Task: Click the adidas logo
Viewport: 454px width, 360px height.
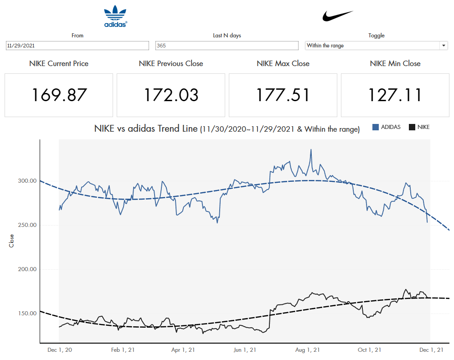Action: tap(115, 16)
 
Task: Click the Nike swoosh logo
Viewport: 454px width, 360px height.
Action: tap(338, 16)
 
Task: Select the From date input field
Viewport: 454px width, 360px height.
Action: tap(77, 46)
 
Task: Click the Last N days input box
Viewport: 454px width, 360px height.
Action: tap(227, 46)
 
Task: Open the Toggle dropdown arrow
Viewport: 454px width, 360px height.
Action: tap(444, 46)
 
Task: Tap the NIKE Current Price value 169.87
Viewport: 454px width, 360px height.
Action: tap(59, 95)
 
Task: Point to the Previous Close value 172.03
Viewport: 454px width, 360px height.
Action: tap(171, 95)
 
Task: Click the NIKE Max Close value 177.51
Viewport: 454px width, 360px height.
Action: tap(283, 95)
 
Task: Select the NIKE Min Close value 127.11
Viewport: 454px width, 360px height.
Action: tap(395, 95)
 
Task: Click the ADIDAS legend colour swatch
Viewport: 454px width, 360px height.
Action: tap(376, 127)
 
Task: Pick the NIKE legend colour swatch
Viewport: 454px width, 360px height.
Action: tap(412, 127)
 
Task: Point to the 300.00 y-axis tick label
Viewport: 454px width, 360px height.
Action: tap(27, 181)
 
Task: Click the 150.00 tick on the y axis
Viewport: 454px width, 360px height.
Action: tap(27, 314)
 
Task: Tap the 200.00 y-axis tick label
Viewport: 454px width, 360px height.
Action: tap(27, 269)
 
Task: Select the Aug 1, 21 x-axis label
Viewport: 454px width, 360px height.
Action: tap(307, 350)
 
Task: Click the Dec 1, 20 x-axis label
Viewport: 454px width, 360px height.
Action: tap(59, 350)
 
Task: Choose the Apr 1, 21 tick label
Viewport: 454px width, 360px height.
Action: tap(183, 350)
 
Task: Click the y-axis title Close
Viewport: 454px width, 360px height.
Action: tap(12, 241)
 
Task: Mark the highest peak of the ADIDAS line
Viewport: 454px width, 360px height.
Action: tap(311, 149)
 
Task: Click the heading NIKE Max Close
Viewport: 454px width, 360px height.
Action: tap(283, 64)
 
